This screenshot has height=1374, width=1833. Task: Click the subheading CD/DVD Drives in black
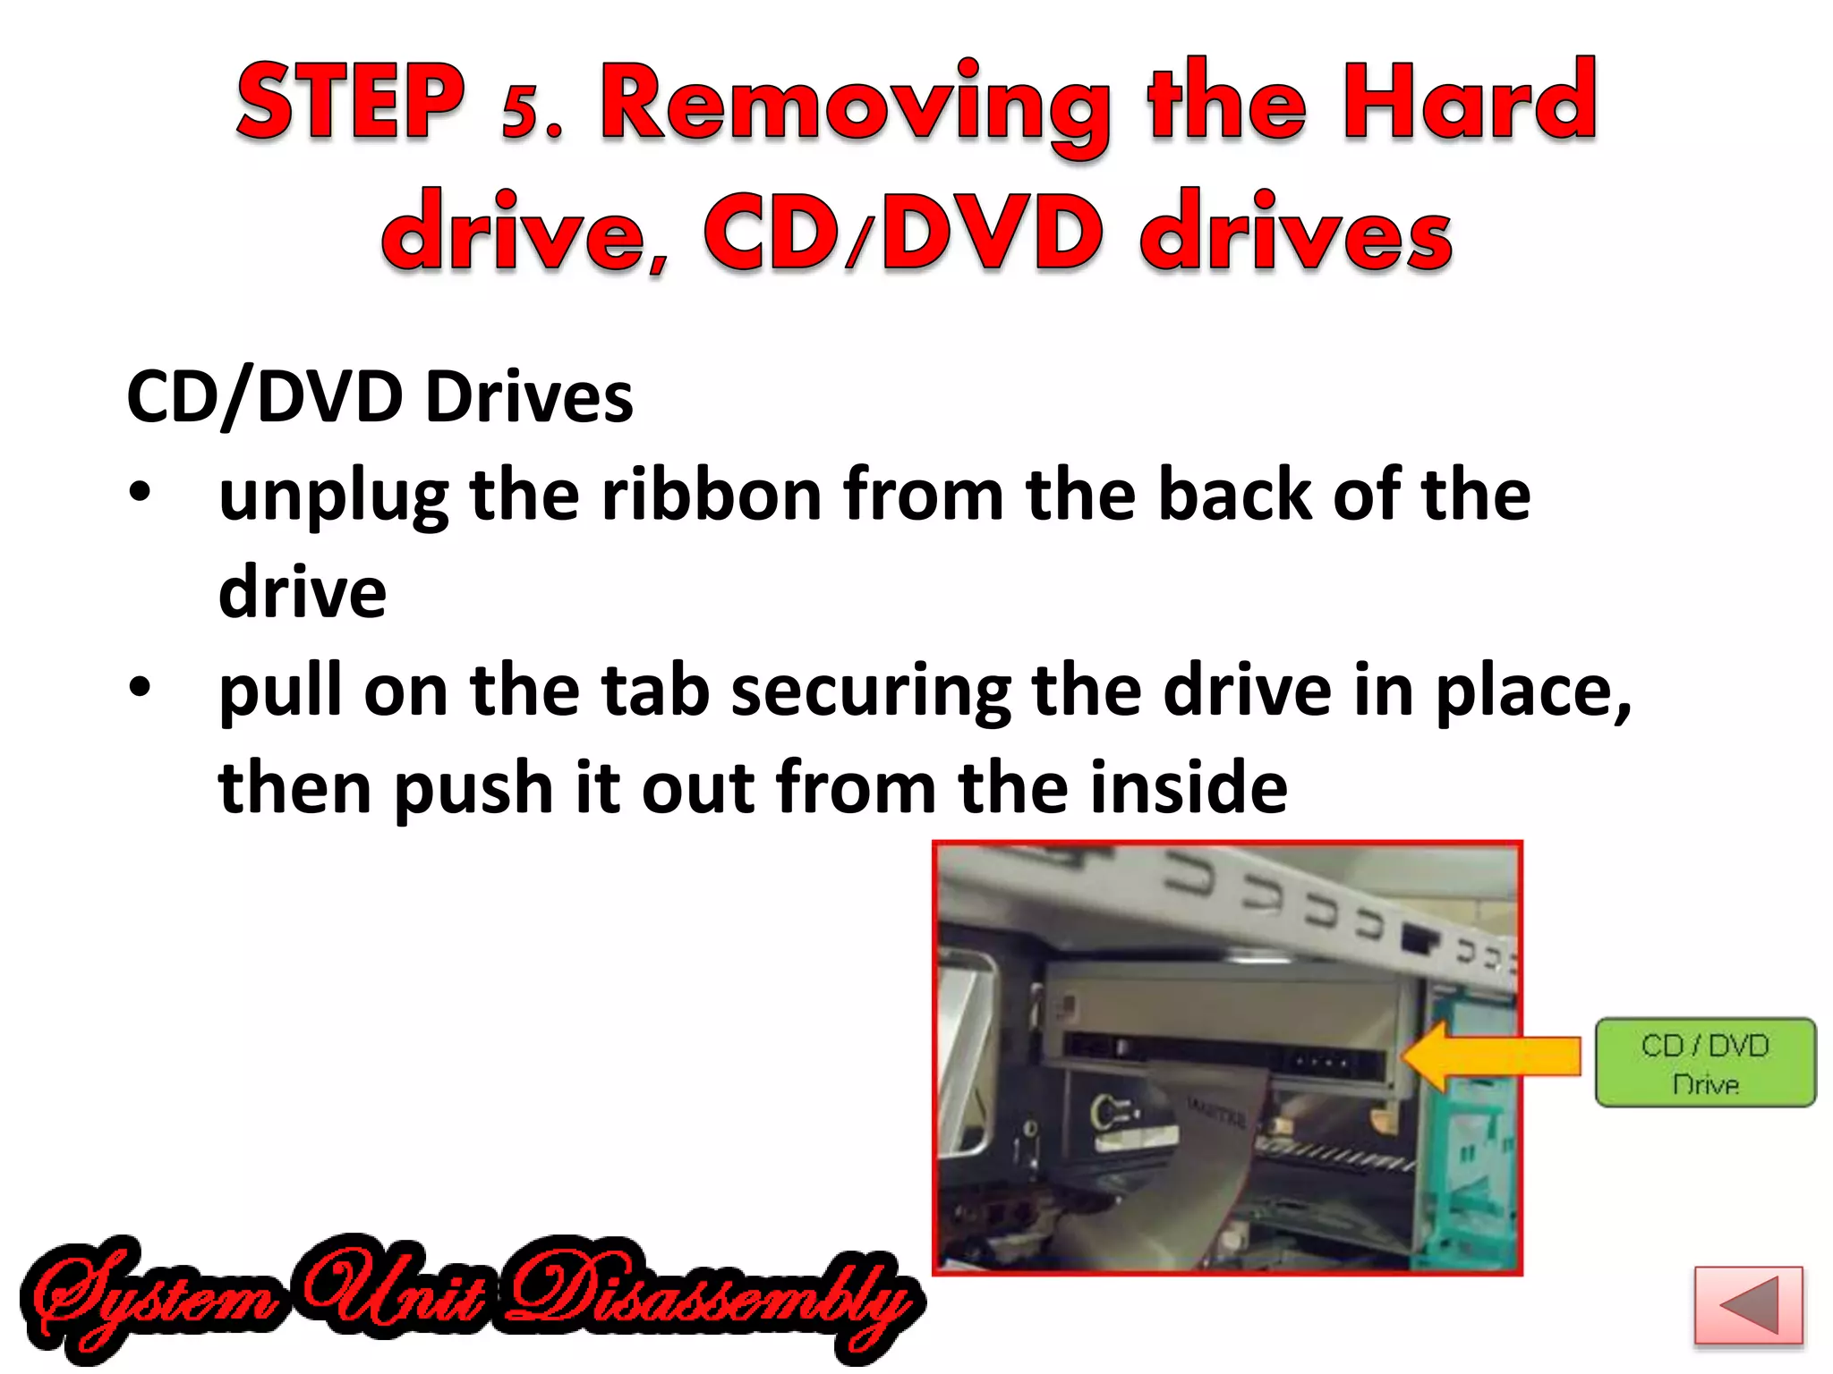[x=379, y=396]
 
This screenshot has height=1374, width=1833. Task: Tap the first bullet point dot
[x=140, y=493]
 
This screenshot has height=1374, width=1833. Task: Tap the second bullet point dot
[x=140, y=688]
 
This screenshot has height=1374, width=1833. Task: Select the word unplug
[x=333, y=497]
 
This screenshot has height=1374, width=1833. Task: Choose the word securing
[x=870, y=693]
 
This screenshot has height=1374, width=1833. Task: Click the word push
[x=473, y=789]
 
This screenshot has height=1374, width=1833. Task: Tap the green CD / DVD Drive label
[x=1705, y=1063]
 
